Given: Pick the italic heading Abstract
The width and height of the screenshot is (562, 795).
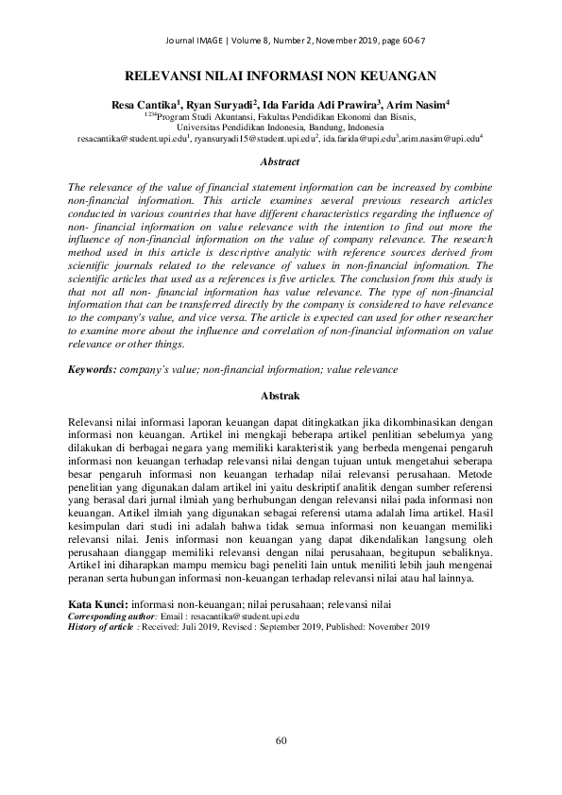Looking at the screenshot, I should click(x=281, y=162).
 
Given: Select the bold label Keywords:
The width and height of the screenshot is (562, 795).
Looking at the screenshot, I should click(x=94, y=369).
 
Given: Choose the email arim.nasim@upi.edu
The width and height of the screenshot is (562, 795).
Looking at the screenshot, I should click(x=439, y=139).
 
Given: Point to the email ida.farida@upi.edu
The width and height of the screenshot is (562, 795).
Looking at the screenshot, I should click(x=358, y=139).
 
